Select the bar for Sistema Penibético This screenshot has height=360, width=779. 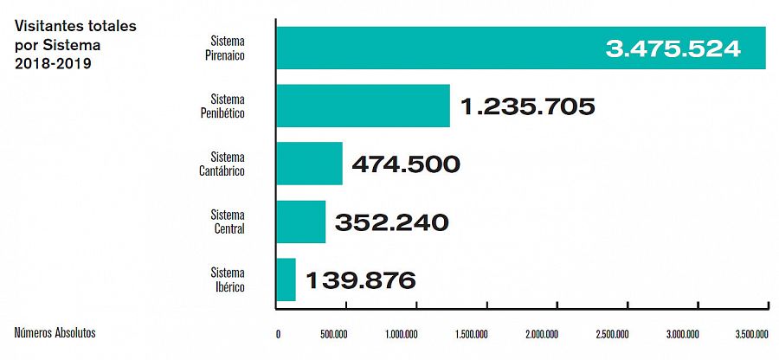pyautogui.click(x=363, y=106)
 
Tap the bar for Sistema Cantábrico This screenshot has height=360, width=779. pyautogui.click(x=309, y=164)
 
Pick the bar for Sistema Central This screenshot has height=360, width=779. pyautogui.click(x=300, y=222)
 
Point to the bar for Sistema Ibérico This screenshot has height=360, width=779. pyautogui.click(x=286, y=280)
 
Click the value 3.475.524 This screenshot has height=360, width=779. pyautogui.click(x=673, y=48)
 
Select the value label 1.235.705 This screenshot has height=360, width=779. pyautogui.click(x=527, y=106)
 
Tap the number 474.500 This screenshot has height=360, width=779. pyautogui.click(x=405, y=164)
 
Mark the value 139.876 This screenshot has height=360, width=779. pyautogui.click(x=360, y=280)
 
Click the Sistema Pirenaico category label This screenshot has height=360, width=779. pyautogui.click(x=229, y=48)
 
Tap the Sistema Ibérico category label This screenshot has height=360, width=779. pyautogui.click(x=229, y=280)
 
